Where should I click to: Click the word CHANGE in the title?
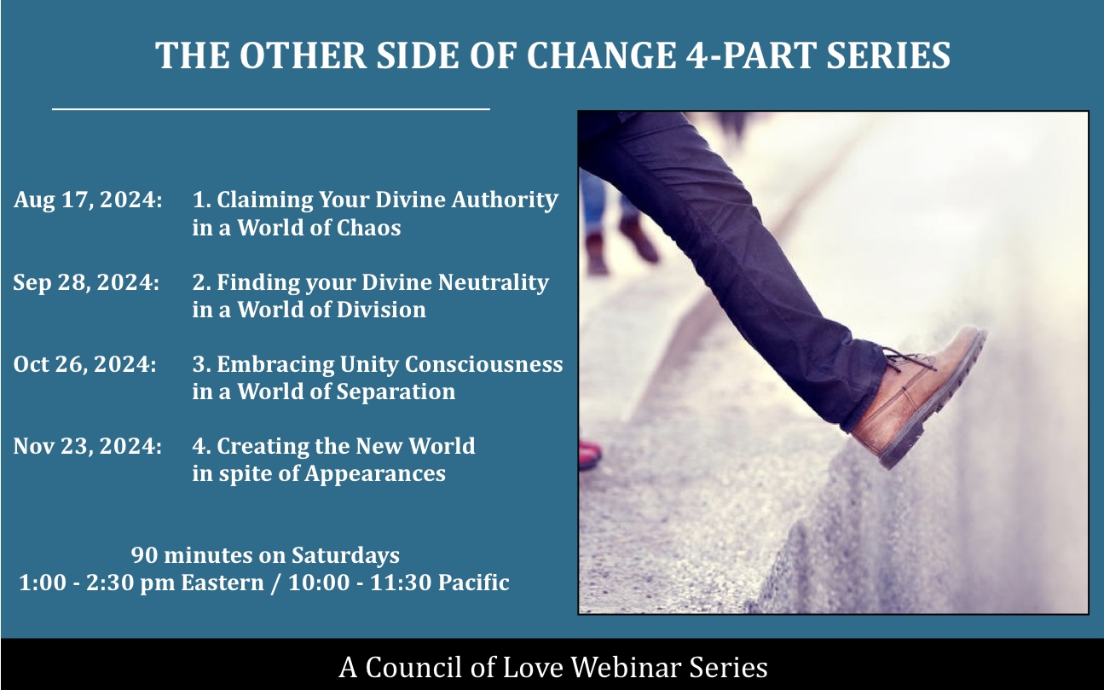tap(601, 55)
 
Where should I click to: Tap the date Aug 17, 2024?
tap(88, 200)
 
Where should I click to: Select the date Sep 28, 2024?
tap(86, 282)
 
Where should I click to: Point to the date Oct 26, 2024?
tap(84, 364)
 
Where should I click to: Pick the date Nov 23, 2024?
tap(87, 446)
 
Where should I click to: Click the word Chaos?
tap(368, 228)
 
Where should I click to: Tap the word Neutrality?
tap(494, 283)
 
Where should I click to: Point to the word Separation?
tap(396, 392)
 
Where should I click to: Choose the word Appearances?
tap(375, 474)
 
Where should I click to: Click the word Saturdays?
tap(345, 555)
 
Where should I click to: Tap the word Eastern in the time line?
tap(223, 583)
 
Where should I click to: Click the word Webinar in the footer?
tap(626, 668)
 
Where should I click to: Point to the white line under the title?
tap(271, 108)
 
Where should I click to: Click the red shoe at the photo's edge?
tap(590, 454)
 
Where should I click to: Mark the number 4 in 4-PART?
tap(696, 55)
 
